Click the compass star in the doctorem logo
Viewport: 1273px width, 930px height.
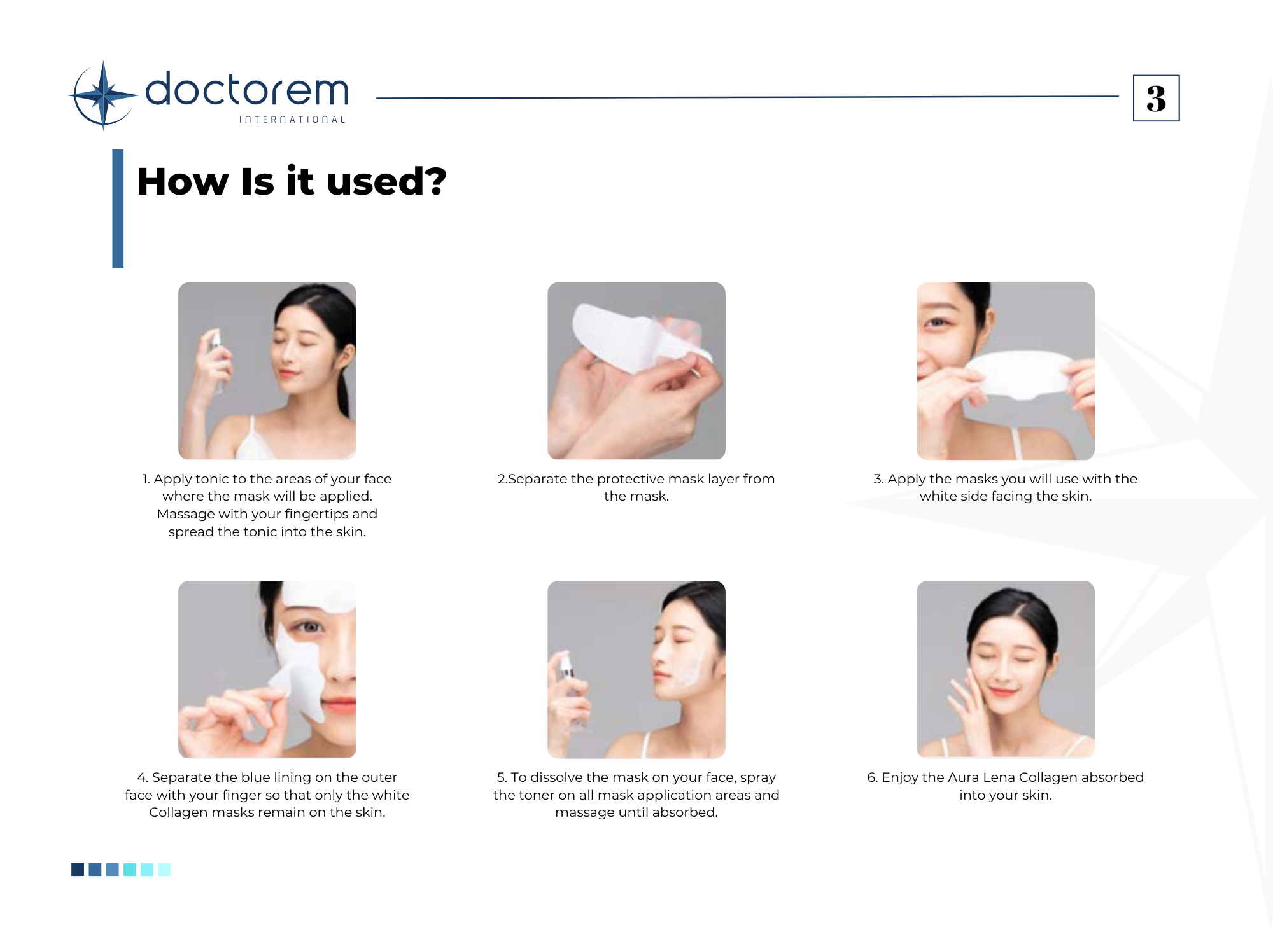point(103,95)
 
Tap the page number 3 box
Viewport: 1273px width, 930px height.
point(1156,98)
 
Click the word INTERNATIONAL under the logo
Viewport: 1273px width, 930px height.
point(292,120)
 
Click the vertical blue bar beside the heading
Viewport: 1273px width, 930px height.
point(118,209)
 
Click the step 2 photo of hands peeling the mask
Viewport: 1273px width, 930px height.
point(636,371)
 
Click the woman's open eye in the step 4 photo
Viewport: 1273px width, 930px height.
point(310,627)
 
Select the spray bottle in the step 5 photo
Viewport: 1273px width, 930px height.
point(568,687)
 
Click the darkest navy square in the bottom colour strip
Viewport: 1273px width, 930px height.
point(78,870)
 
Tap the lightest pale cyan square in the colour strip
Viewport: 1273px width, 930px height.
point(164,870)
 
